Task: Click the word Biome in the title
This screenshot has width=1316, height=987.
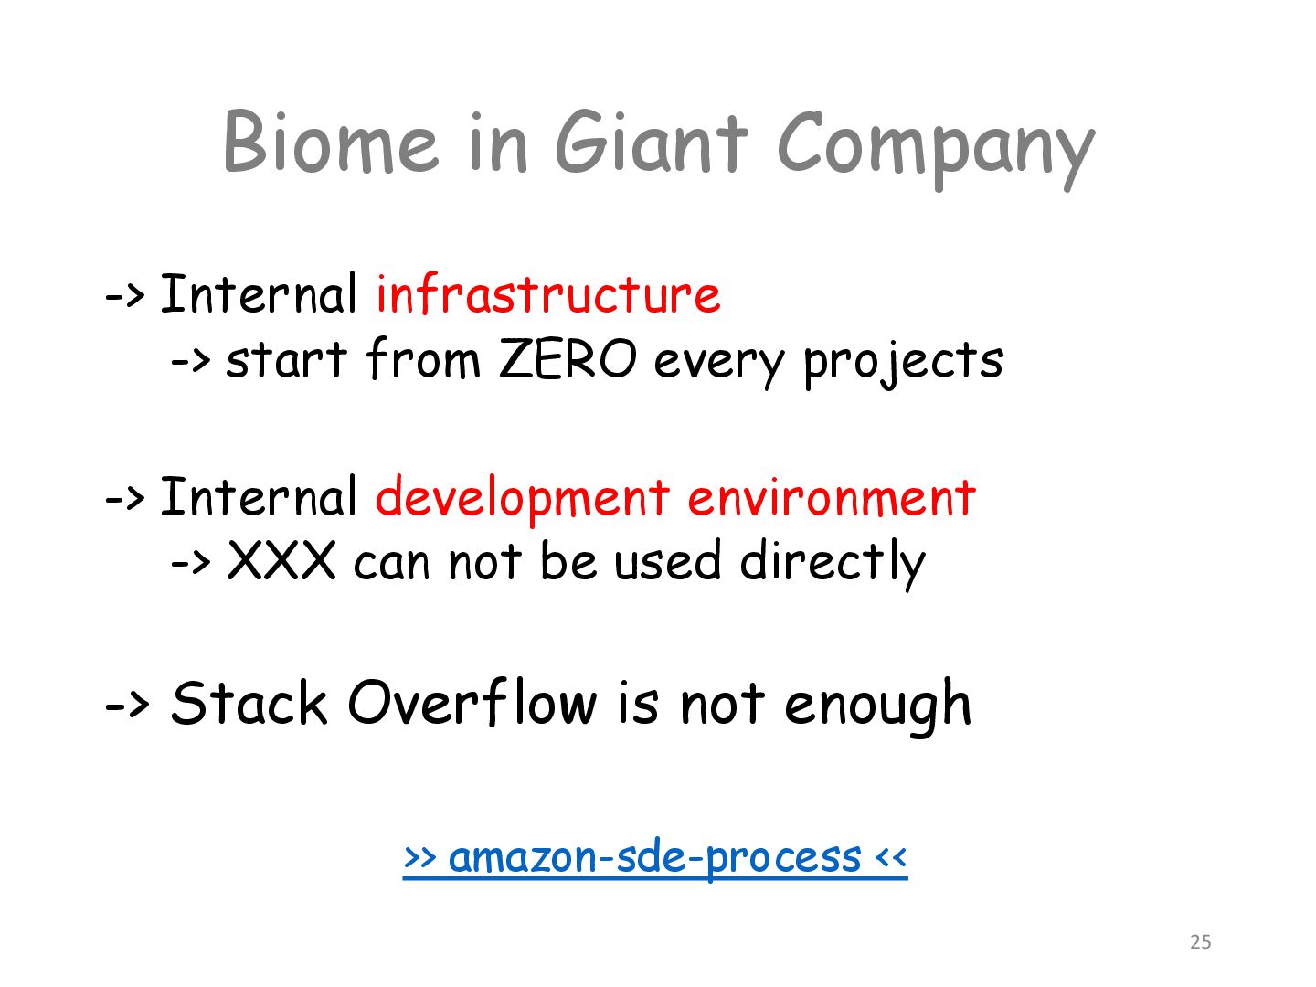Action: point(331,142)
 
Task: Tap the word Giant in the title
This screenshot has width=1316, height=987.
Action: point(652,142)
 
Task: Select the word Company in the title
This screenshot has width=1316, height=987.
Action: point(936,150)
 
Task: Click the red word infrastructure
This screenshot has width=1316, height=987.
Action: point(548,293)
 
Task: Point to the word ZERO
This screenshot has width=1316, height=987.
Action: point(568,359)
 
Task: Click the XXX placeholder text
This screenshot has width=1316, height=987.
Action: point(281,560)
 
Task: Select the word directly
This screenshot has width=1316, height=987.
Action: point(833,564)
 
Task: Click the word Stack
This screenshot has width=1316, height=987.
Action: point(249,703)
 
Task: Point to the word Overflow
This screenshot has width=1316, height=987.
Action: point(472,702)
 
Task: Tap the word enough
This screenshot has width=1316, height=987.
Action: point(877,707)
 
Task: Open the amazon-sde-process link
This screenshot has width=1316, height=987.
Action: point(655,858)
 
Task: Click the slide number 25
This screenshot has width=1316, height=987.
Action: point(1200,942)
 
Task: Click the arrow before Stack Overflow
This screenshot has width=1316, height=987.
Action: point(126,705)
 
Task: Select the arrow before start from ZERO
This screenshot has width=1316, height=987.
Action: point(191,360)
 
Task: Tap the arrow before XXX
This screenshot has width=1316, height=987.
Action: point(191,563)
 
